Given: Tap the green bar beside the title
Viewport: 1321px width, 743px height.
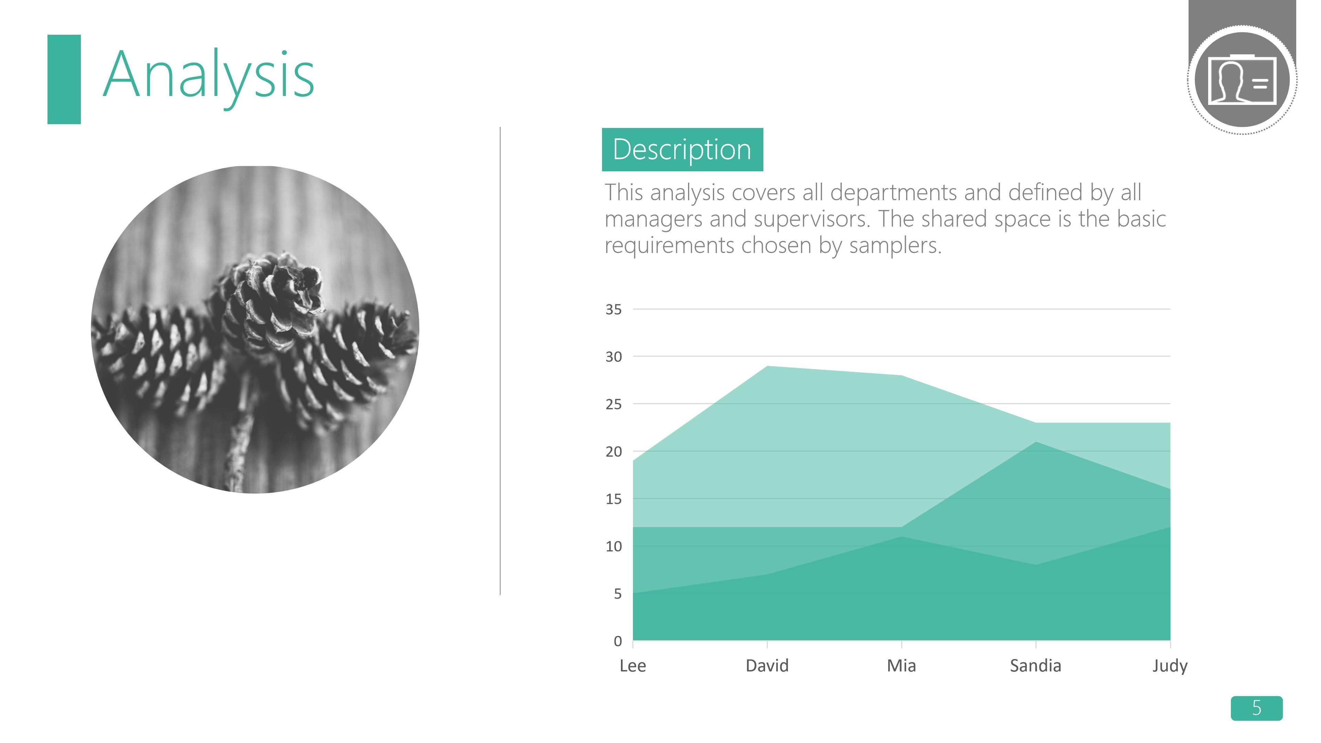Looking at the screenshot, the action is click(64, 79).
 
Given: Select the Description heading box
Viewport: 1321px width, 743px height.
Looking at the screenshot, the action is click(682, 149).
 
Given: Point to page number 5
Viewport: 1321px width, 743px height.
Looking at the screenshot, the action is click(1256, 708).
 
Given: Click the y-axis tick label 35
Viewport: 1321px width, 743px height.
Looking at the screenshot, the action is click(613, 309).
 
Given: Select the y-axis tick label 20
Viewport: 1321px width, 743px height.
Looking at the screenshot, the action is click(613, 452).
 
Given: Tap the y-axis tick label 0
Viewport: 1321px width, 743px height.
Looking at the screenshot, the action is click(617, 641).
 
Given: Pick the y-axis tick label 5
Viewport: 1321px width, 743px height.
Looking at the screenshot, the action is click(617, 594).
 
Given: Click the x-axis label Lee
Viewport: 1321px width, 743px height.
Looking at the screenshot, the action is click(633, 666).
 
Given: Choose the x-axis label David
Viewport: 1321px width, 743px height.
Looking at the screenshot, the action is click(767, 666).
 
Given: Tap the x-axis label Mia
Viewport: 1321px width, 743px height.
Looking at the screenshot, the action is click(902, 666).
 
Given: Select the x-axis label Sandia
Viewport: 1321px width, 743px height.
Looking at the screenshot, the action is click(1035, 666).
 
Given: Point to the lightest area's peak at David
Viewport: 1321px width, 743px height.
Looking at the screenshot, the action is click(767, 366).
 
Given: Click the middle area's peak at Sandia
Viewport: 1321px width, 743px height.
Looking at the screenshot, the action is click(1036, 442).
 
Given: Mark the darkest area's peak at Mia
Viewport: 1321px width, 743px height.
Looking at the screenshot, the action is click(902, 537).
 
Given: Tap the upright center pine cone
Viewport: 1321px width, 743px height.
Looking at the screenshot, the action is click(275, 300).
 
